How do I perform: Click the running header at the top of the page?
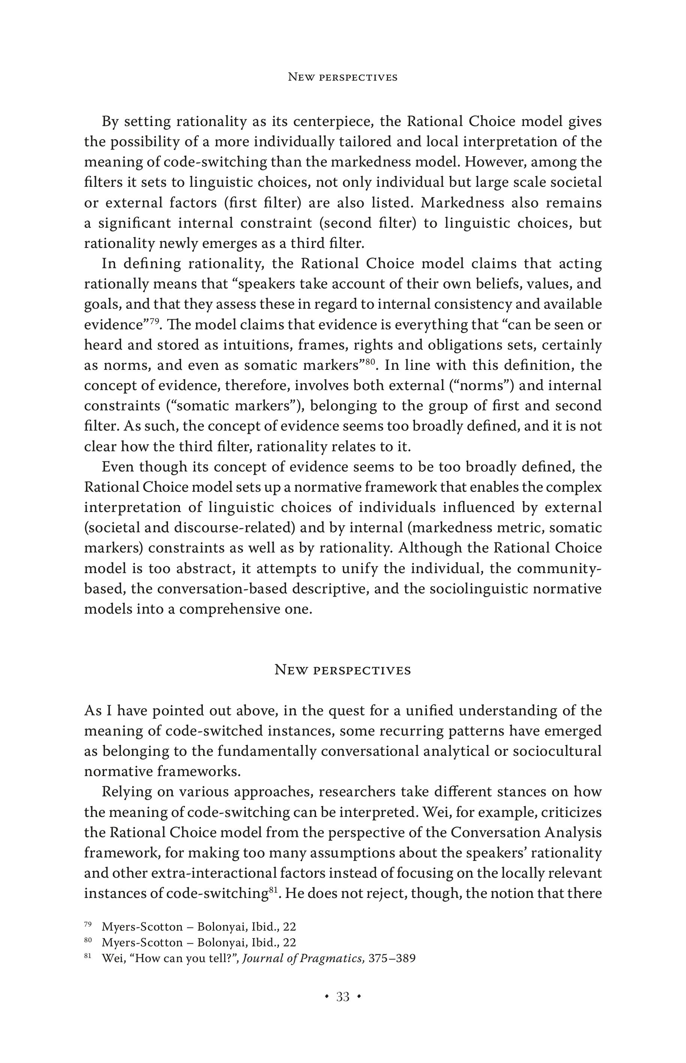[343, 77]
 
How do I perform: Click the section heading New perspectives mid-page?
[343, 670]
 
